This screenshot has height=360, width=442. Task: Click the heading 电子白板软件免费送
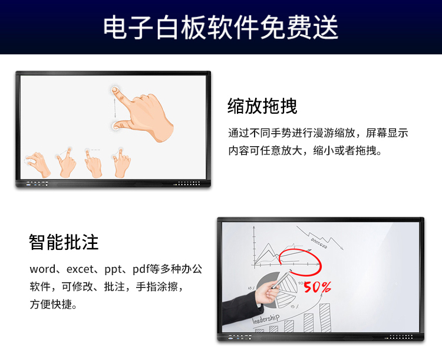(220, 27)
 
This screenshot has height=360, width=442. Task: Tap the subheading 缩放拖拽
(262, 106)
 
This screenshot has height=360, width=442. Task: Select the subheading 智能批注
(64, 242)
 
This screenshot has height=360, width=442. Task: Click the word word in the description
(42, 269)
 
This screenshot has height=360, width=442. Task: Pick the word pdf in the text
(141, 269)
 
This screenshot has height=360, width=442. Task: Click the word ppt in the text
(113, 270)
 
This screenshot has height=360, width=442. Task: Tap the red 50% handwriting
(317, 287)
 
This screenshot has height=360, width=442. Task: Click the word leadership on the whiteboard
(266, 319)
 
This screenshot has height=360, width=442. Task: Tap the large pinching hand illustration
(143, 114)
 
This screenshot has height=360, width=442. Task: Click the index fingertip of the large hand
(115, 90)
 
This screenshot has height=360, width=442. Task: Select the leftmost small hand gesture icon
(38, 164)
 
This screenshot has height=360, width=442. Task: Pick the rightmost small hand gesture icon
(121, 163)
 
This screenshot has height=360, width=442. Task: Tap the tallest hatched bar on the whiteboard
(325, 318)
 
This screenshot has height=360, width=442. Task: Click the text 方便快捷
(51, 305)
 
